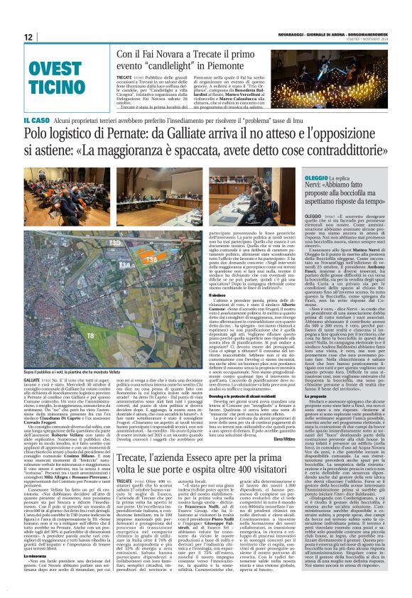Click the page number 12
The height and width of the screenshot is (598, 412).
tap(28, 37)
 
